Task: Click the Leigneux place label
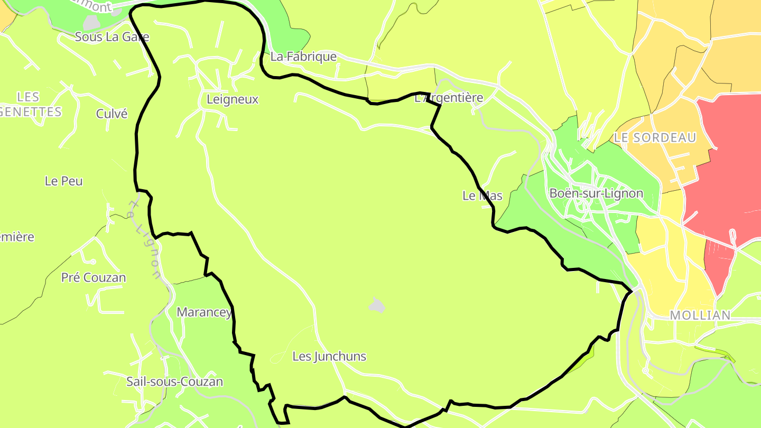233,99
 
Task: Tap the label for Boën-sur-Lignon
596,193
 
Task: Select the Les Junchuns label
329,357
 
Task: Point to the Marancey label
204,312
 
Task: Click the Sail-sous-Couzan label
174,382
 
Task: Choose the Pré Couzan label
94,278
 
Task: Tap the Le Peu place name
64,181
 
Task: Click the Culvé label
112,114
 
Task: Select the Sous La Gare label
112,37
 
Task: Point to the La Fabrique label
303,57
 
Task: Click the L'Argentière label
449,98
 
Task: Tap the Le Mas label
482,196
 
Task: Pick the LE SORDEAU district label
655,138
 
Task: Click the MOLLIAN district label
700,315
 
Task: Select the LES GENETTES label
32,104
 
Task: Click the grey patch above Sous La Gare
91,22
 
